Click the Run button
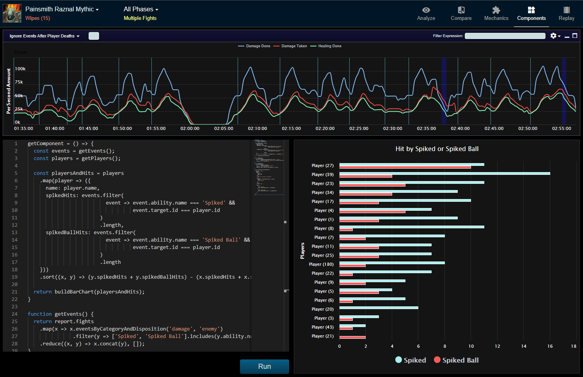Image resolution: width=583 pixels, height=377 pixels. coord(264,366)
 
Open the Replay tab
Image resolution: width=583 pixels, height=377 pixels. coord(566,13)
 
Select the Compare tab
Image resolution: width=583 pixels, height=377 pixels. coord(461,13)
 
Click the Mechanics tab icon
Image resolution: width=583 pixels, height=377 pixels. coord(496,10)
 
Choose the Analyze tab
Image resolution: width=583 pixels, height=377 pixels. coord(426,13)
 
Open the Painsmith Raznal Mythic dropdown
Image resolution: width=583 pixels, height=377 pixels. coord(62,9)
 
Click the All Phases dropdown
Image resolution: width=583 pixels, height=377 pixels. coord(141,9)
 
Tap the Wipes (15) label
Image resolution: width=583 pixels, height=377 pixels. coord(37,18)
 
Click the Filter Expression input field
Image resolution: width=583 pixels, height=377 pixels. coord(505,36)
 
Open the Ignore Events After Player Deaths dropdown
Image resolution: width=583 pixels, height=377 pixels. coord(44,36)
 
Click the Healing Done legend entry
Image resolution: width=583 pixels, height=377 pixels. coord(329,46)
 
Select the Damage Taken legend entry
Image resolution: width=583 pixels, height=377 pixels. coord(294,46)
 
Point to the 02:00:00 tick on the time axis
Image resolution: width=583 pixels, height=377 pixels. coord(190,128)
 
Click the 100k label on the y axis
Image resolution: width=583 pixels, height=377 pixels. coord(20,69)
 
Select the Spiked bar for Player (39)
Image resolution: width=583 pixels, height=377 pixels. coord(444,173)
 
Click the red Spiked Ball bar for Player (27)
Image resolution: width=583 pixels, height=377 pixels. coord(405,167)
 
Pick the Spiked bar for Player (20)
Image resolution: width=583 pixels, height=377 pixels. coord(379,308)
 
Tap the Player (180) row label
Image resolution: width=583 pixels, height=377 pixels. coord(321,264)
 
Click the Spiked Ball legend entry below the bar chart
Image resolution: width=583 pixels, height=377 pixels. coord(456,360)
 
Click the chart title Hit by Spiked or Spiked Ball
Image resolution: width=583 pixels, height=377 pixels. coord(437,149)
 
